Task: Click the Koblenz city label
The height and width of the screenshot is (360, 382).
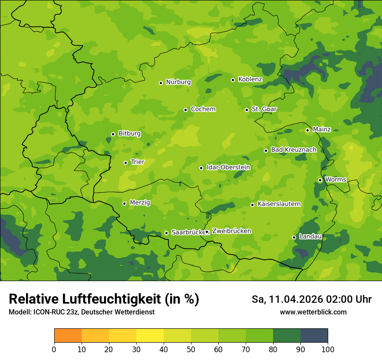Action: [x=250, y=79]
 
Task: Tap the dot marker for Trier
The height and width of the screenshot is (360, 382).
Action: [x=125, y=163]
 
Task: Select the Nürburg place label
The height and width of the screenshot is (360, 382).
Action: [x=178, y=82]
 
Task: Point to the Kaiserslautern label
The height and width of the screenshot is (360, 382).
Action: [x=279, y=204]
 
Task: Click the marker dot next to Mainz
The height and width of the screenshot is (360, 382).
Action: [x=307, y=130]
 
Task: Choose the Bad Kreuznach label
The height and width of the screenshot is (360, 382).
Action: [x=293, y=150]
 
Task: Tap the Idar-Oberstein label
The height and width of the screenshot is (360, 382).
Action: [x=228, y=167]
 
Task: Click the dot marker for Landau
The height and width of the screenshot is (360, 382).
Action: [x=294, y=237]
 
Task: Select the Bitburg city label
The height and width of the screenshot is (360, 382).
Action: [x=129, y=134]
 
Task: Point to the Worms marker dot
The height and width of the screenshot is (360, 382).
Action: [x=320, y=180]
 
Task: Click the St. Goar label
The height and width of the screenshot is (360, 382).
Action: [x=264, y=109]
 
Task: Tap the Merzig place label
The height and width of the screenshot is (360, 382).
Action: [x=140, y=203]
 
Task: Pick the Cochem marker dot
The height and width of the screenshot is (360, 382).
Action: [x=185, y=110]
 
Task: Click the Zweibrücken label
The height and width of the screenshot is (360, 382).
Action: [x=231, y=231]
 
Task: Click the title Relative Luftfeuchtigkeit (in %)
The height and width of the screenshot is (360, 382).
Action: [x=104, y=299]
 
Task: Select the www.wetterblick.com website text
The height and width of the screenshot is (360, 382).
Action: [x=313, y=312]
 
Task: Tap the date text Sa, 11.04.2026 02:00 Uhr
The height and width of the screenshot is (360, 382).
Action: [x=311, y=300]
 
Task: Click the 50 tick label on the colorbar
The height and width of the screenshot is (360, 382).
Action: [x=191, y=350]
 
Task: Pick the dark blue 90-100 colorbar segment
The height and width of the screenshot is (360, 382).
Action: [x=314, y=336]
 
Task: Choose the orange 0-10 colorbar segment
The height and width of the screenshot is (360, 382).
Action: [x=68, y=336]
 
